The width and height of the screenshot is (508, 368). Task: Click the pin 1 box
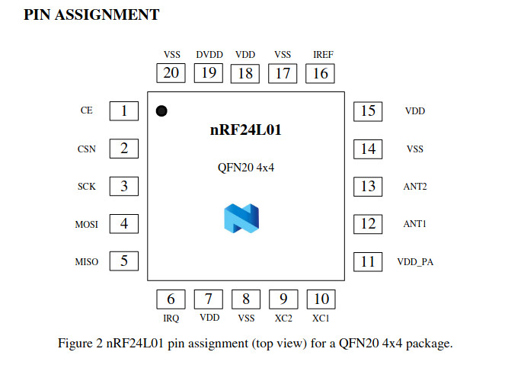[x=123, y=110]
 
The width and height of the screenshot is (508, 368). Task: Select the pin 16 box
[x=321, y=73]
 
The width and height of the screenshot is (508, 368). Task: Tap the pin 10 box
[x=321, y=299]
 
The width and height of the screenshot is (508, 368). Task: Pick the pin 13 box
[x=368, y=186]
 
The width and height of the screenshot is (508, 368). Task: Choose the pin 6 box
[x=171, y=299]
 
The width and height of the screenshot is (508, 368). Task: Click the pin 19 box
[x=208, y=73]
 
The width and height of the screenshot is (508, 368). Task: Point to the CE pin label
[x=87, y=111]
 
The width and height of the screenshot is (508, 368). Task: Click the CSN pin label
[x=87, y=149]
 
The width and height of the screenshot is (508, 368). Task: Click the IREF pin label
[x=323, y=55]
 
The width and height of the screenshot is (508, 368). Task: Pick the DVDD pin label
[x=209, y=55]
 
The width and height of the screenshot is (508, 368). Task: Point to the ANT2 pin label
[x=414, y=187]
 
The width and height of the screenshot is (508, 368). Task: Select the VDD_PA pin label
[x=416, y=262]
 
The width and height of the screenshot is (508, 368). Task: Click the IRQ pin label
[x=171, y=318]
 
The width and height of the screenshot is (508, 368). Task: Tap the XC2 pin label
[x=283, y=318]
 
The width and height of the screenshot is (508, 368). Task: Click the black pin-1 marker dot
[x=161, y=111]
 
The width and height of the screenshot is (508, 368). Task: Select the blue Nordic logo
[x=242, y=217]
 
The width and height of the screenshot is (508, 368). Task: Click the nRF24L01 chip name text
[x=246, y=130]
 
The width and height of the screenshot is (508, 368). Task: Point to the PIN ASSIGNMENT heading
[x=91, y=15]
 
